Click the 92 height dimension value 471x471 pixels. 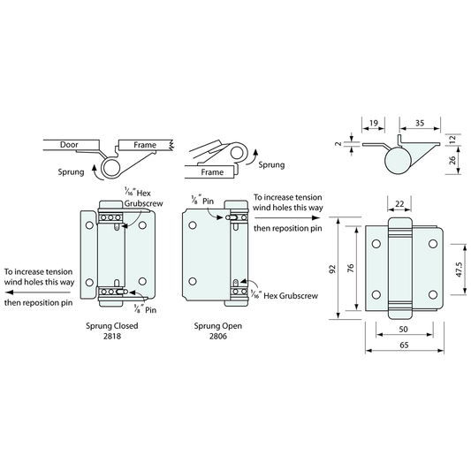point(332,269)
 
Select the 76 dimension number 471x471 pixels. point(351,269)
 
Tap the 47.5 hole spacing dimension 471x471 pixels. point(459,270)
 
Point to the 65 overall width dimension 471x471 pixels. point(404,346)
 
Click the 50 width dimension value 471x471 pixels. point(404,330)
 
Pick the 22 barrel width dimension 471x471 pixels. point(399,204)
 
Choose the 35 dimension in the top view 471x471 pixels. point(420,123)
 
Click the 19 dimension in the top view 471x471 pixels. point(374,123)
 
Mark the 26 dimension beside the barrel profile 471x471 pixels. point(452,160)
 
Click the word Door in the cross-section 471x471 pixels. point(69,145)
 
